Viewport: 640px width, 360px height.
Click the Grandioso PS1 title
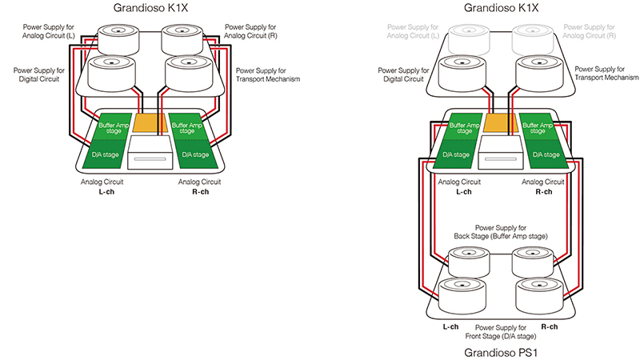click(x=502, y=352)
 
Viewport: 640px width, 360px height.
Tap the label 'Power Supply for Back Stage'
click(x=501, y=232)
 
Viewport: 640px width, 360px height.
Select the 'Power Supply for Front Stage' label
click(x=501, y=332)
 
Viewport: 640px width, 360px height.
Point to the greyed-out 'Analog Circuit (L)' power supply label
click(x=413, y=31)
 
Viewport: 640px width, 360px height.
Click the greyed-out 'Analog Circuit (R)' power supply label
click(x=589, y=31)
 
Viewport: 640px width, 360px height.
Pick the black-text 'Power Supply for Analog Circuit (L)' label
click(x=49, y=31)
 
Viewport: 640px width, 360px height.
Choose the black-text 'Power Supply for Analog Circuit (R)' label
click(x=250, y=31)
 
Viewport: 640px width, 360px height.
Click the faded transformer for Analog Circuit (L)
click(x=469, y=40)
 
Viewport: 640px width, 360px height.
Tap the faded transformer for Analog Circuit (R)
click(x=533, y=40)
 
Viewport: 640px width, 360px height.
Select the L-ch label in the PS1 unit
click(x=450, y=327)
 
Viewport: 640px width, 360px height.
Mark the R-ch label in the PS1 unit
click(x=550, y=327)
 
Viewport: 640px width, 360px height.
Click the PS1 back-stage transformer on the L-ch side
click(x=469, y=262)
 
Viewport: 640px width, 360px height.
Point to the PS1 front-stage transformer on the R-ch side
click(x=539, y=296)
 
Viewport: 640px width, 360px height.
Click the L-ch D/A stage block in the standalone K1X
click(x=105, y=154)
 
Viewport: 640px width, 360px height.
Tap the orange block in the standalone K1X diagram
click(x=150, y=123)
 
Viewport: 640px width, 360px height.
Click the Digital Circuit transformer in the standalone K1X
click(x=111, y=74)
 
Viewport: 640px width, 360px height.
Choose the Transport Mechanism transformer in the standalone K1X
click(x=188, y=74)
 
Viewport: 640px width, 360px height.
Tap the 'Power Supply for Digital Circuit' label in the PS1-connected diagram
click(x=403, y=74)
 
